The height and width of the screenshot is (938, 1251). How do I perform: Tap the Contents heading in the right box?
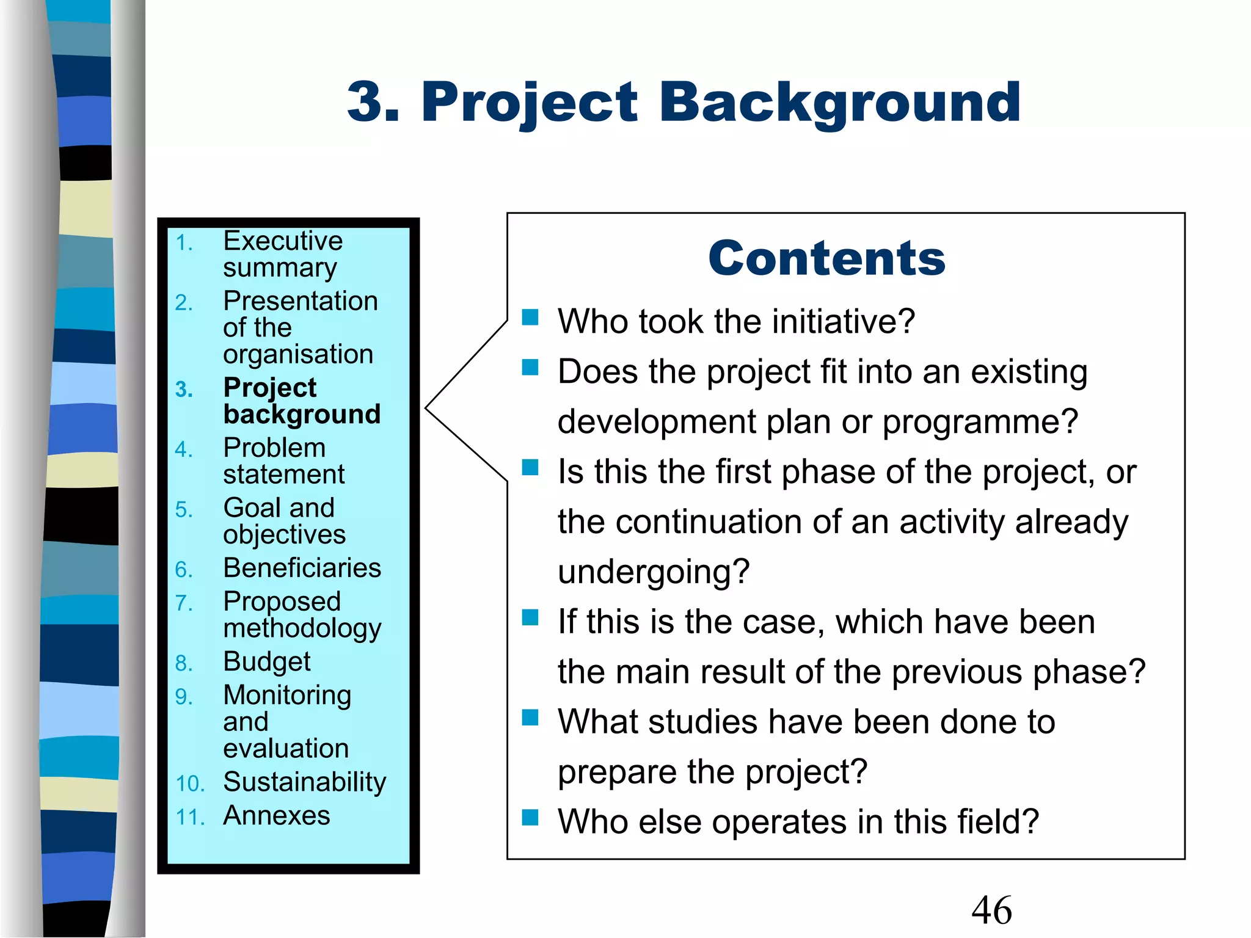827,258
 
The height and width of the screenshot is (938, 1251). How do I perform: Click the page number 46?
991,910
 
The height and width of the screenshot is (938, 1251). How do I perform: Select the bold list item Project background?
302,401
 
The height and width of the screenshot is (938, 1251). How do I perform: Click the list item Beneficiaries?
302,568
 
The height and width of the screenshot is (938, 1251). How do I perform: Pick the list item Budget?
267,662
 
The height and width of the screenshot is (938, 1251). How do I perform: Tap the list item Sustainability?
304,782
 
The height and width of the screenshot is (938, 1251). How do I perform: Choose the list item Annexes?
276,816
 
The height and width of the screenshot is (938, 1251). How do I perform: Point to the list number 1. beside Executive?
184,243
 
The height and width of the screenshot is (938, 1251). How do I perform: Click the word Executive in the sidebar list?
283,241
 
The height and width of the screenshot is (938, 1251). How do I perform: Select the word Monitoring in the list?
287,696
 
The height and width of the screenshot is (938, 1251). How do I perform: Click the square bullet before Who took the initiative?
530,317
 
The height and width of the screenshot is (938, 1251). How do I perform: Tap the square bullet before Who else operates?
530,817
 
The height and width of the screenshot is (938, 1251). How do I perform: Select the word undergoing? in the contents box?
654,572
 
